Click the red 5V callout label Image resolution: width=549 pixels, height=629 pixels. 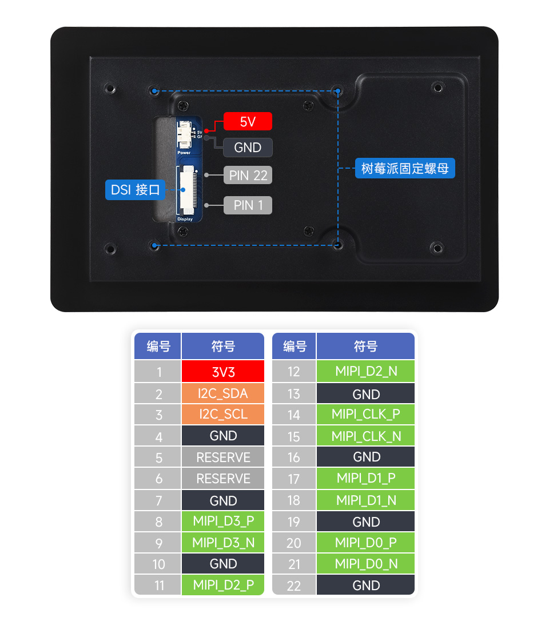click(248, 121)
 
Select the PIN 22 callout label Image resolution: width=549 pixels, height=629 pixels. click(248, 176)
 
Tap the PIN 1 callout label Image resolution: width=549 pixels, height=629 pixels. click(248, 205)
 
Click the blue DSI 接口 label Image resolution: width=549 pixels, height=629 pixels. click(135, 190)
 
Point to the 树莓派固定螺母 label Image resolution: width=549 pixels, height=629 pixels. click(405, 168)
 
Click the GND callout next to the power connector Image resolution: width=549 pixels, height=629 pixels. click(248, 148)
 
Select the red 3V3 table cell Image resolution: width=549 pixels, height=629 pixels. click(223, 372)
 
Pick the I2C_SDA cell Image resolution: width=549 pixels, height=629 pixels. click(223, 393)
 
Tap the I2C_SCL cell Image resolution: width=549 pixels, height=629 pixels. click(223, 414)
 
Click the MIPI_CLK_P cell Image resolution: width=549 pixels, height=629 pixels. click(365, 414)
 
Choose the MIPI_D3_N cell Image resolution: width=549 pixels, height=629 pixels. click(223, 542)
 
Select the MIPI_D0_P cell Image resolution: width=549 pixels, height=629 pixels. click(365, 542)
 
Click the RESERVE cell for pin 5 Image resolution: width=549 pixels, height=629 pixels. click(223, 457)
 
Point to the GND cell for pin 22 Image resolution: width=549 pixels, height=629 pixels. click(365, 585)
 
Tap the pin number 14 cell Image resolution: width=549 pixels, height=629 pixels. click(294, 415)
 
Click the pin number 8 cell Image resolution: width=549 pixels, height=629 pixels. click(158, 521)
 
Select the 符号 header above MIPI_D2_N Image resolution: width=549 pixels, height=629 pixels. click(365, 346)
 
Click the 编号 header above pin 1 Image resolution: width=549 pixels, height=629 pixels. click(158, 346)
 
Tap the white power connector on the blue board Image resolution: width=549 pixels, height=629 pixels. click(184, 136)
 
